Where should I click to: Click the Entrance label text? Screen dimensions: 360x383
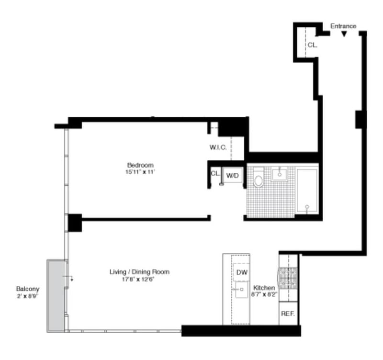point(343,26)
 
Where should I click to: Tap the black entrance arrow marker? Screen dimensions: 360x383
point(344,34)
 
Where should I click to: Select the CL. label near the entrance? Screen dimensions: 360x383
point(312,45)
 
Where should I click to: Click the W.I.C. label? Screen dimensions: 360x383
point(218,148)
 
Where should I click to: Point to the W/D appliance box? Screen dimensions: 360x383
point(233,176)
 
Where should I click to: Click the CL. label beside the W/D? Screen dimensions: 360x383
point(215,173)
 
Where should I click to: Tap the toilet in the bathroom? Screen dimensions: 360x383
point(259,180)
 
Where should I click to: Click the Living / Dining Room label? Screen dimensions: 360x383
point(139,272)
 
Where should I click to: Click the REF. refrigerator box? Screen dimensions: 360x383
point(288,315)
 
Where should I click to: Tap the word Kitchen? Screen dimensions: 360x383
point(264,288)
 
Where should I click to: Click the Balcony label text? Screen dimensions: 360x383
point(28,289)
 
